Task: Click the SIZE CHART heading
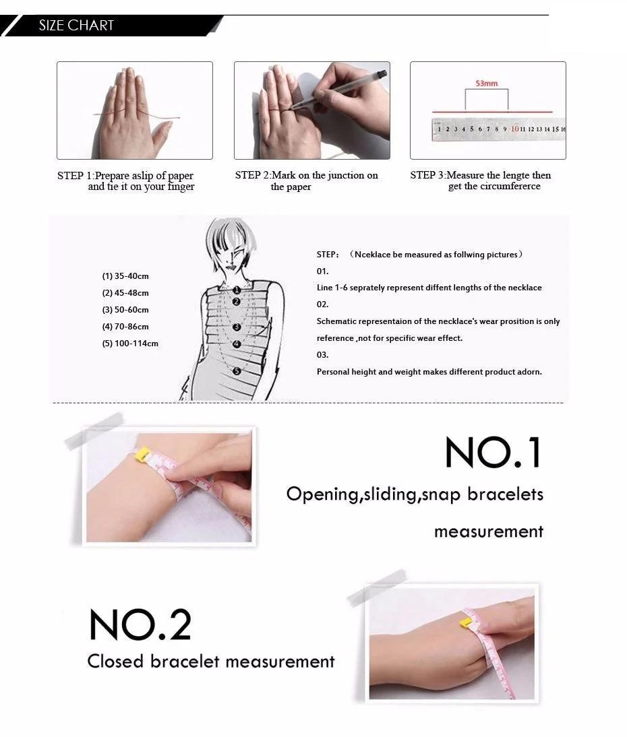point(76,26)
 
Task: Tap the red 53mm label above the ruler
point(486,84)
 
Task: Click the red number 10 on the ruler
point(514,129)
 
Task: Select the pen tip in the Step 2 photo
point(291,108)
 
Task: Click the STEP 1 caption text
point(125,181)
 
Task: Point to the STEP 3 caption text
point(481,181)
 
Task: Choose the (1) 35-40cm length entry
point(125,276)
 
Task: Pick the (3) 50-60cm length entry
point(125,310)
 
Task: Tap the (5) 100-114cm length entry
point(130,344)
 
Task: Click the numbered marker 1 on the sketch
point(237,290)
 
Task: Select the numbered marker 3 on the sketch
point(237,327)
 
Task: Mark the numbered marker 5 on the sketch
point(237,371)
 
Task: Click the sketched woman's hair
point(226,235)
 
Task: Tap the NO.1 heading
point(494,452)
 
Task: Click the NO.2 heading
point(140,624)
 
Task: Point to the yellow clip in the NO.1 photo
point(142,455)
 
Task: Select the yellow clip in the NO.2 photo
point(466,624)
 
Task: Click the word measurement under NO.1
point(489,532)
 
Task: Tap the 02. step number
point(323,305)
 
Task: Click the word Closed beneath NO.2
point(115,661)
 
